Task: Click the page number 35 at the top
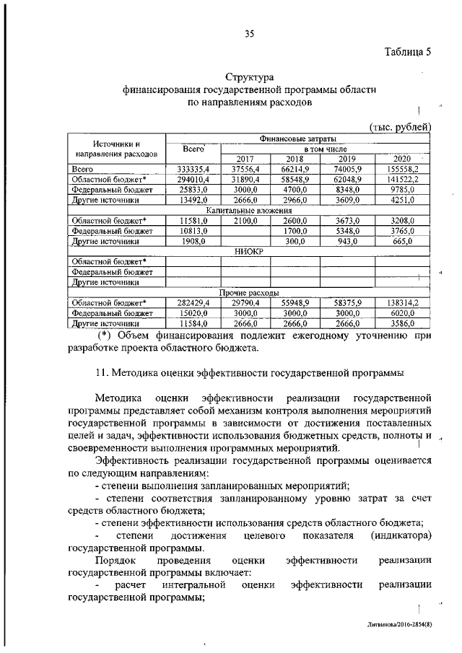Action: tap(250, 32)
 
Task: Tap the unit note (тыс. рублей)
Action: tap(400, 127)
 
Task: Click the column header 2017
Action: tap(245, 159)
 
